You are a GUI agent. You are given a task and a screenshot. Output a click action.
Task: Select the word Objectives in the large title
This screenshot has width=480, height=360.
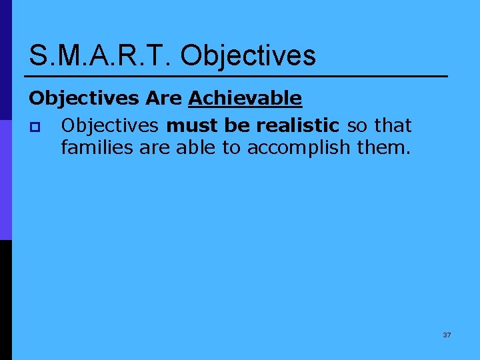248,55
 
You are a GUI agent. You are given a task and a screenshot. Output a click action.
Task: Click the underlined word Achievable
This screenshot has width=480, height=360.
245,99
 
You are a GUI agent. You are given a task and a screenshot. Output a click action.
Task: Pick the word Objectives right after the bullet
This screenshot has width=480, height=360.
109,125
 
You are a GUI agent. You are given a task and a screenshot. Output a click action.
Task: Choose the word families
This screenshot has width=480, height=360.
97,147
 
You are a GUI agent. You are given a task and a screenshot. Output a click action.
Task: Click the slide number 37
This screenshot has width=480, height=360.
447,335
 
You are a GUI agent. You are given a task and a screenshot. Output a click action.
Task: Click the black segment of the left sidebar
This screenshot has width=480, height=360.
6,300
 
